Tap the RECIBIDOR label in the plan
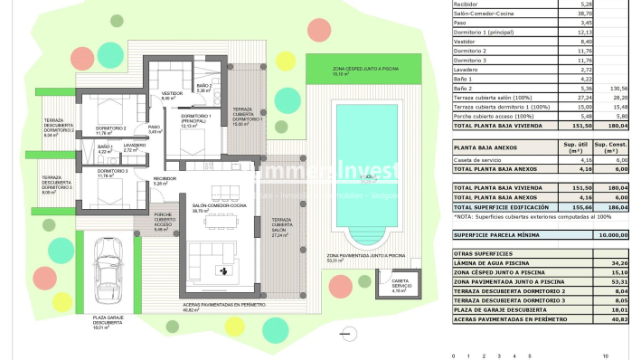tap(164, 179)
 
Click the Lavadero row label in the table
tap(467, 69)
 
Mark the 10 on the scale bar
tap(618, 355)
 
